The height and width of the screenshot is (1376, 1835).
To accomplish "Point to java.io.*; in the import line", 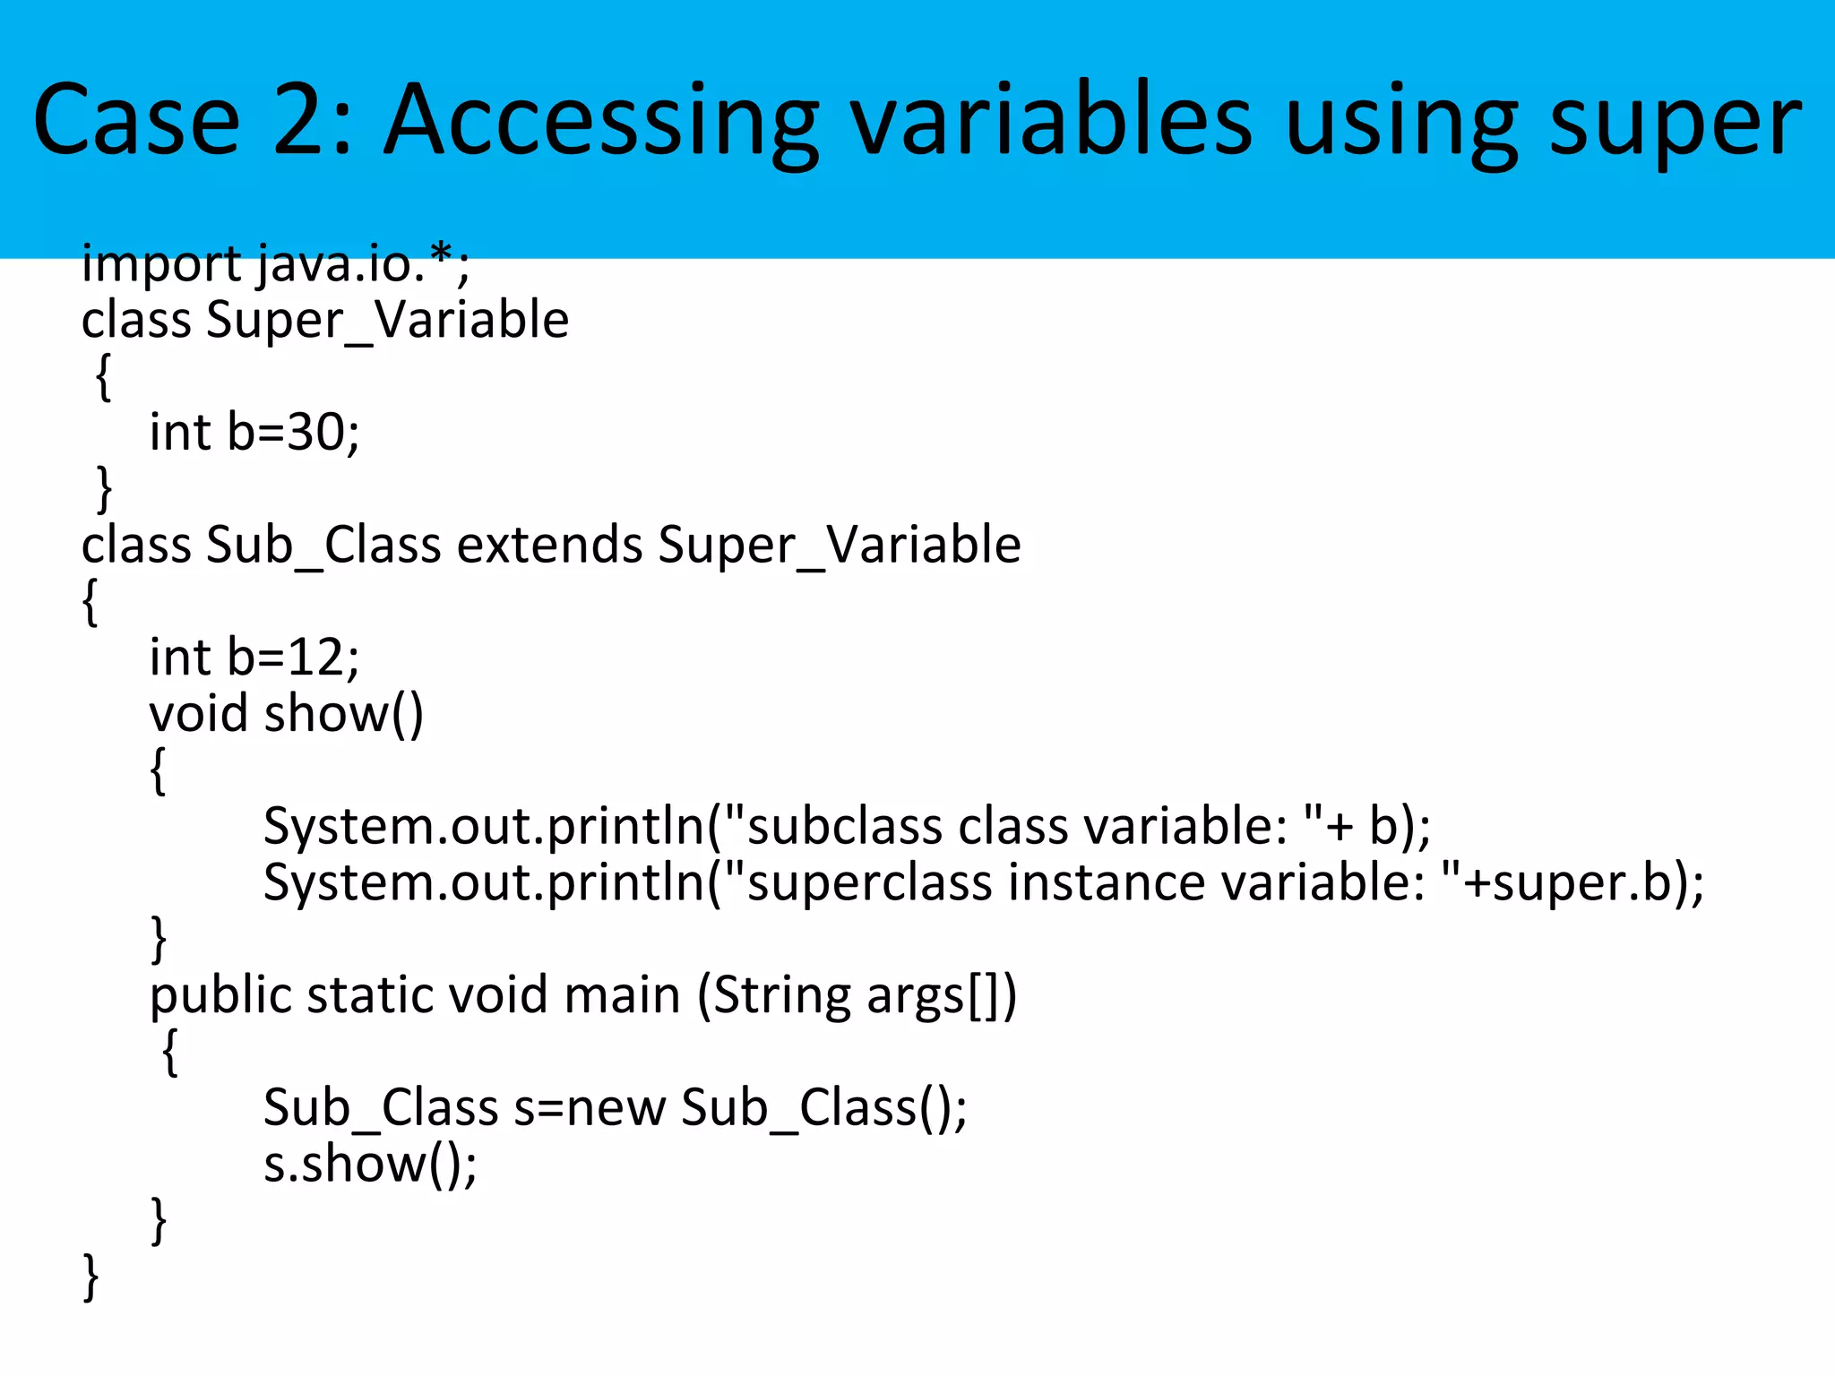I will click(x=363, y=264).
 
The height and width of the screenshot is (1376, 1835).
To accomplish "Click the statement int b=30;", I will click(x=254, y=433).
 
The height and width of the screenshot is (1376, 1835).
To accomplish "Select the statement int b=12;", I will click(x=254, y=658).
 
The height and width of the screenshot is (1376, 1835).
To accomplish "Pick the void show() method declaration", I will click(x=286, y=714).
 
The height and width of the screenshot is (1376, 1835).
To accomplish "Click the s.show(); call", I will click(x=370, y=1165).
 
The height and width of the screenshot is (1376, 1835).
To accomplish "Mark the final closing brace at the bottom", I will click(x=90, y=1277).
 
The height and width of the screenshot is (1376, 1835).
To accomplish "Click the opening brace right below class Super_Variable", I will click(x=104, y=376).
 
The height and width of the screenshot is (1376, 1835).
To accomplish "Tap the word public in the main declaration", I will click(x=220, y=995).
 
